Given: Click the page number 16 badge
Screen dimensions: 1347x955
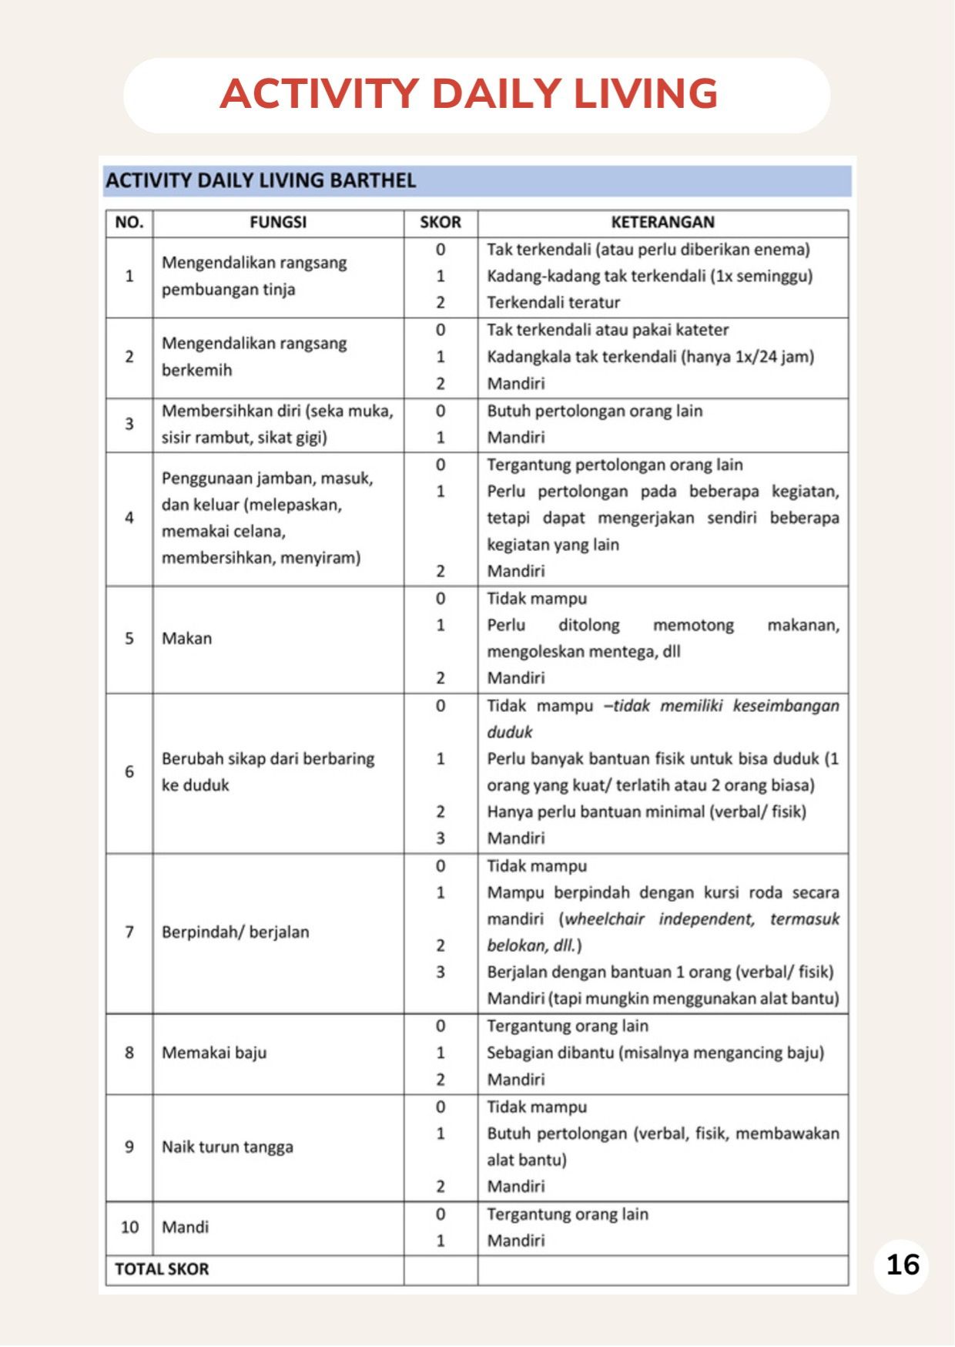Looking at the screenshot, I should (902, 1265).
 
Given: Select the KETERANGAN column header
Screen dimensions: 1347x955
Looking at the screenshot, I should (662, 223).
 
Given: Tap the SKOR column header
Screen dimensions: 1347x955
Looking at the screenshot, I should (440, 223).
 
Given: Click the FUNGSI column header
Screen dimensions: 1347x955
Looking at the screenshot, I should (277, 223).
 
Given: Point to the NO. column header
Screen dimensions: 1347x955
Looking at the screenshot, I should (129, 223).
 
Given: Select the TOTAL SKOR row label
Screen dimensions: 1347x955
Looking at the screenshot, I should (162, 1269).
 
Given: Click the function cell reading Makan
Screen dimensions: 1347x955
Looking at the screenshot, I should (186, 638).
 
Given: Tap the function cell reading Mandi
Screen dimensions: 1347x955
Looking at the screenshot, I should (185, 1227).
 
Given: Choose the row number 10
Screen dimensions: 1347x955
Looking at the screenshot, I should (129, 1227).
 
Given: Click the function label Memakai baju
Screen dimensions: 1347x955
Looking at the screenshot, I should (214, 1053).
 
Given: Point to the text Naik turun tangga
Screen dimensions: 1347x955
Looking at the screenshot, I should (227, 1147).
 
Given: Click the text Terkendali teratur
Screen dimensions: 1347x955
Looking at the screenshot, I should (553, 302).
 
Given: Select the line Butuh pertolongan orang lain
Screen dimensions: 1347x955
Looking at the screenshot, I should (595, 411).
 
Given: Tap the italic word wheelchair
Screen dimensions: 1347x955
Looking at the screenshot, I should (605, 919).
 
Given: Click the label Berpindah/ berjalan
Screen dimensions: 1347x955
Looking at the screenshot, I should (235, 932).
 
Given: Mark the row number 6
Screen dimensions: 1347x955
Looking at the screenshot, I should (129, 771).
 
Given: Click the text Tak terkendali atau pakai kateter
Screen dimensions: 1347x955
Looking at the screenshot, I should (608, 330).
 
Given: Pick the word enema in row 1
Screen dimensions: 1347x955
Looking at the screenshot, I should (779, 250).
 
